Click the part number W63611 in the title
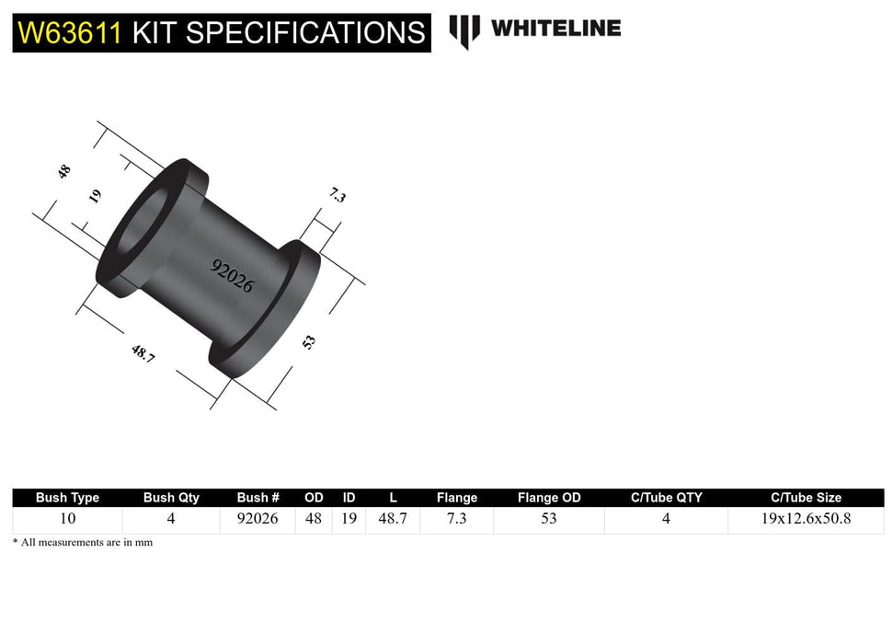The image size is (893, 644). coord(70,33)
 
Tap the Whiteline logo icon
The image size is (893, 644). coord(464,30)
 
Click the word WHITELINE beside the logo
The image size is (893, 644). coord(555,29)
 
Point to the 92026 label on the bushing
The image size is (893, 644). coord(232,275)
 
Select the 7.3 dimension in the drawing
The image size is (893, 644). coord(338,195)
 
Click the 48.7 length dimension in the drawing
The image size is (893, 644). coord(143,352)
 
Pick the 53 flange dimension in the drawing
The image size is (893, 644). coord(310,341)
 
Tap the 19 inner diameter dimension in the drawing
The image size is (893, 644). coord(96,196)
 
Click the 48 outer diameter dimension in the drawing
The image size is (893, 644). coord(64,171)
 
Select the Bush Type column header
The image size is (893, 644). coord(67,498)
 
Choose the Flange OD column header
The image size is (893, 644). coord(549,498)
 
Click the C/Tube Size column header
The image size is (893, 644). coord(805,498)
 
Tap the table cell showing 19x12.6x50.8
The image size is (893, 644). coord(805,519)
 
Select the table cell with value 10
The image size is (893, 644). coord(67,519)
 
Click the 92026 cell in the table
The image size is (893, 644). coord(258,519)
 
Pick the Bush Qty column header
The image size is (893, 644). coord(171,498)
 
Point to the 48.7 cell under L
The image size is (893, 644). coord(393,519)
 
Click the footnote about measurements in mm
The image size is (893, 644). coord(83,543)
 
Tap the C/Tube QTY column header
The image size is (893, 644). coord(666,498)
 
